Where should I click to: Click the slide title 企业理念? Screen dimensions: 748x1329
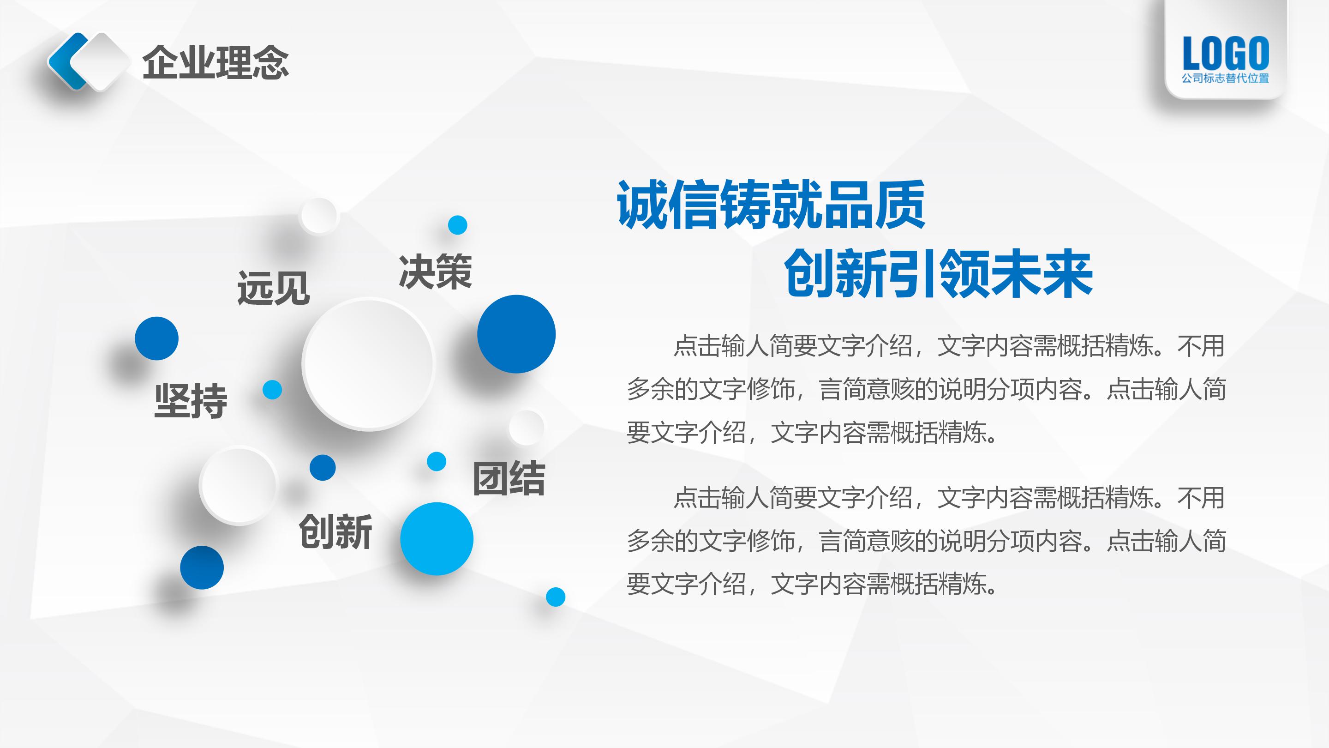(215, 62)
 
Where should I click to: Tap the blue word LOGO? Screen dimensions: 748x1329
(1225, 53)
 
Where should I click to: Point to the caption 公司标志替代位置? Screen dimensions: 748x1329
(1225, 78)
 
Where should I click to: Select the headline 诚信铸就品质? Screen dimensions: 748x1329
(771, 205)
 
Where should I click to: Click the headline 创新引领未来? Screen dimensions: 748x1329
(938, 274)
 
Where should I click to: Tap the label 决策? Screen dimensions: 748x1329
(435, 271)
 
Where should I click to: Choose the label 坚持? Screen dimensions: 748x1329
(191, 401)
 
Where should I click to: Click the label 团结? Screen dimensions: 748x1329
(509, 478)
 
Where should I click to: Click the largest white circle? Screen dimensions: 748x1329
(368, 363)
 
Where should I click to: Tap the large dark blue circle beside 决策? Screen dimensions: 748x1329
(516, 334)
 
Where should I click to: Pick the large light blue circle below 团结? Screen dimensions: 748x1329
(437, 538)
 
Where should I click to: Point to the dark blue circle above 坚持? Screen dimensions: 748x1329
(156, 338)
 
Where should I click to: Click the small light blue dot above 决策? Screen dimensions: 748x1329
(457, 225)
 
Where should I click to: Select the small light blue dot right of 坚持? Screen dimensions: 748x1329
(272, 390)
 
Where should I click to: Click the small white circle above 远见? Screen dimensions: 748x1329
(318, 216)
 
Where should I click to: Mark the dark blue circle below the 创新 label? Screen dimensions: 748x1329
(202, 567)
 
